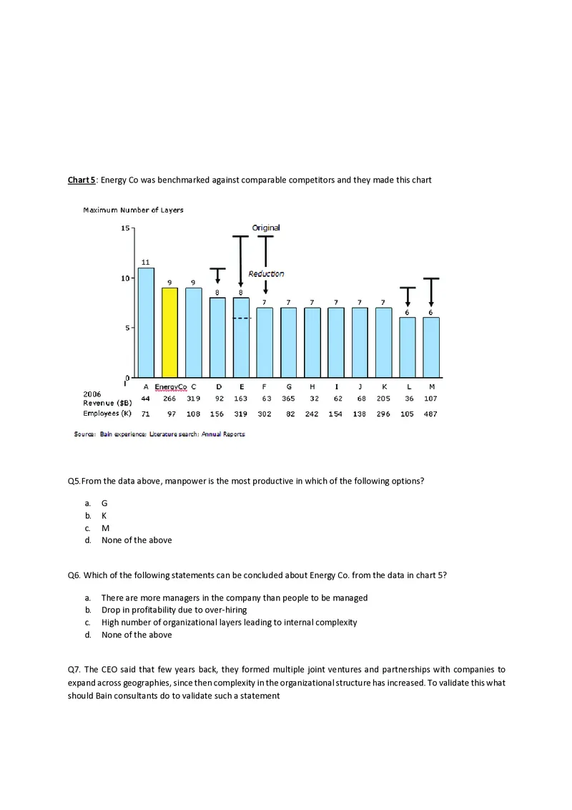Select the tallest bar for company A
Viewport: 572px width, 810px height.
pyautogui.click(x=146, y=322)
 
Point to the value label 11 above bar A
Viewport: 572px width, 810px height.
pyautogui.click(x=145, y=261)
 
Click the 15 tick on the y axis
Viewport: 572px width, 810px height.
pyautogui.click(x=125, y=228)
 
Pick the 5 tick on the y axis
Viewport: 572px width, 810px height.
pyautogui.click(x=127, y=328)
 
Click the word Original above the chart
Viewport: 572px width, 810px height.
pyautogui.click(x=266, y=228)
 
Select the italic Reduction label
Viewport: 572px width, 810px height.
pyautogui.click(x=266, y=274)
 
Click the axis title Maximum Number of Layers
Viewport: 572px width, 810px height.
pyautogui.click(x=133, y=210)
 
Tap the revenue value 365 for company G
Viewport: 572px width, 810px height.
pyautogui.click(x=288, y=399)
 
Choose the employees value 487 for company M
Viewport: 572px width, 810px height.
pyautogui.click(x=430, y=414)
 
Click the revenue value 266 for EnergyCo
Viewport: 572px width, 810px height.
pyautogui.click(x=170, y=399)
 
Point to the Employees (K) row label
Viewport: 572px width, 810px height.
pyautogui.click(x=107, y=414)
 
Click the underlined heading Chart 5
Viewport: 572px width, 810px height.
pyautogui.click(x=82, y=180)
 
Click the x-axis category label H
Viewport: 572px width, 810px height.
pyautogui.click(x=312, y=386)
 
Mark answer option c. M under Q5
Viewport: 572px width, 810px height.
pyautogui.click(x=104, y=527)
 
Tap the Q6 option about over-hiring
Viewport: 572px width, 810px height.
pyautogui.click(x=174, y=610)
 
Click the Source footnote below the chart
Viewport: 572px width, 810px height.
pyautogui.click(x=159, y=434)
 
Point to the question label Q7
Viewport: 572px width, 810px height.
pyautogui.click(x=74, y=670)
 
